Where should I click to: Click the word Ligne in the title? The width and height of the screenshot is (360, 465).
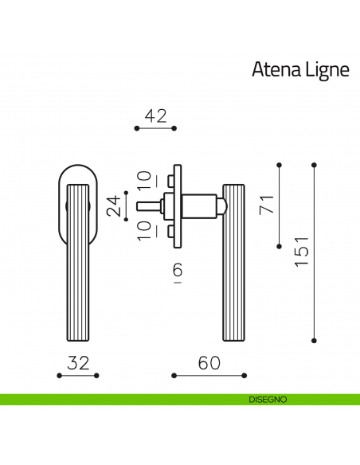pos(327,70)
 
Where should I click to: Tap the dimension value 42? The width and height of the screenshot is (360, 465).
pos(155,115)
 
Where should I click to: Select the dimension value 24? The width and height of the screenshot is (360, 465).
pos(115,205)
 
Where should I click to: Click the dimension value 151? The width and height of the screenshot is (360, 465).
pos(301,252)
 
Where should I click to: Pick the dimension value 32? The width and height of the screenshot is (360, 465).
pos(78,363)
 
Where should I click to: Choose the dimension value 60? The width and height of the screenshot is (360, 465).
pos(209,363)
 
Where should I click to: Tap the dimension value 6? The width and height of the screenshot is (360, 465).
pos(178,271)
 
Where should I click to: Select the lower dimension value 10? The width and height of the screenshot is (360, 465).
pos(143,232)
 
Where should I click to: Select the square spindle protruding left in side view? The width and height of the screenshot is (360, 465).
pos(147,205)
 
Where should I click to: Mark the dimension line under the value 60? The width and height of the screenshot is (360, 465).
pos(209,374)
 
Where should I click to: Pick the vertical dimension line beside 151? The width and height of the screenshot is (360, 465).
pos(314,252)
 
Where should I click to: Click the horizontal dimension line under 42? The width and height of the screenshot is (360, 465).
pos(155,127)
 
